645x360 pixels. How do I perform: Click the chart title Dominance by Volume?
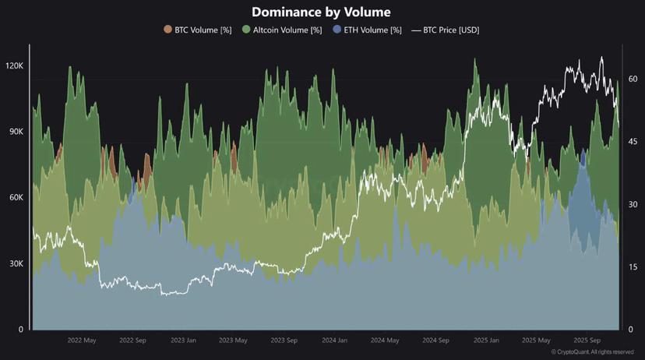pyautogui.click(x=322, y=12)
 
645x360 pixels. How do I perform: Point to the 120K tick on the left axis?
pyautogui.click(x=14, y=66)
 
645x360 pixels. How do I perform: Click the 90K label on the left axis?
pyautogui.click(x=16, y=132)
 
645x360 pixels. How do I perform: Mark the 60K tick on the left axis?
pyautogui.click(x=16, y=199)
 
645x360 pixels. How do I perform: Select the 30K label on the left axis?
pyautogui.click(x=16, y=264)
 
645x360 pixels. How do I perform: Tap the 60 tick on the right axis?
pyautogui.click(x=633, y=79)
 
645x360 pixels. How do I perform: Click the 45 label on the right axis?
pyautogui.click(x=633, y=141)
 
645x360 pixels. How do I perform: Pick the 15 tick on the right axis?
pyautogui.click(x=633, y=266)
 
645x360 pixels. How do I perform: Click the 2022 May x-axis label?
pyautogui.click(x=82, y=341)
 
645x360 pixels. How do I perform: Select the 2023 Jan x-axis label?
pyautogui.click(x=183, y=341)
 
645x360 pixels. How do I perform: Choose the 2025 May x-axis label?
pyautogui.click(x=535, y=341)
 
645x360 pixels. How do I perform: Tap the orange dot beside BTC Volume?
pyautogui.click(x=167, y=30)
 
